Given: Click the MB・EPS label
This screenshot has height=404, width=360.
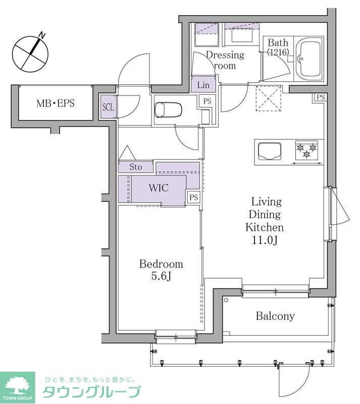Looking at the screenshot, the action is (56, 104).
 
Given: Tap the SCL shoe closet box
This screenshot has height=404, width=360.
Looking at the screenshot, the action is (108, 107).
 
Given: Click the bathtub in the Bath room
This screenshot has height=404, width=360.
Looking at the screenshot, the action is (309, 59).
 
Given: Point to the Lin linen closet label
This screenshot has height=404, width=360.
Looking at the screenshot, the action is (203, 85).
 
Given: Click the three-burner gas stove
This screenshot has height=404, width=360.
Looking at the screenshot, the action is (306, 150).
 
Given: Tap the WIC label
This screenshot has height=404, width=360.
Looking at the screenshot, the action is (159, 188).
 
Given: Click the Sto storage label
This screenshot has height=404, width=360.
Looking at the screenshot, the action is (135, 167).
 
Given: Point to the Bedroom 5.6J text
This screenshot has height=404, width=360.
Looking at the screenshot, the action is (161, 270).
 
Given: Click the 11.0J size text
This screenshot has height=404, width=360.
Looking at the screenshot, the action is (265, 240).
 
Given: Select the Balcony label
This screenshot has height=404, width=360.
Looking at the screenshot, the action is (275, 316).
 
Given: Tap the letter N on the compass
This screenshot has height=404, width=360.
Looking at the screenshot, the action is (42, 35).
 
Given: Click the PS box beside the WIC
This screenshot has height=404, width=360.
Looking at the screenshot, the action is (193, 197).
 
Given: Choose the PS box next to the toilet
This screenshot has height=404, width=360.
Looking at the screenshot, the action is (207, 102).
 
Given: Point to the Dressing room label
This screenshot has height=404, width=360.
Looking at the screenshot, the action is (225, 60).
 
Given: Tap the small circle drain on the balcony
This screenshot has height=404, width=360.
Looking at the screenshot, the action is (226, 300).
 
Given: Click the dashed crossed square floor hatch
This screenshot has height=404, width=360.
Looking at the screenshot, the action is (269, 98).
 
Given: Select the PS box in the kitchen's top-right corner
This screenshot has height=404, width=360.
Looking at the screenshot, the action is (321, 97).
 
